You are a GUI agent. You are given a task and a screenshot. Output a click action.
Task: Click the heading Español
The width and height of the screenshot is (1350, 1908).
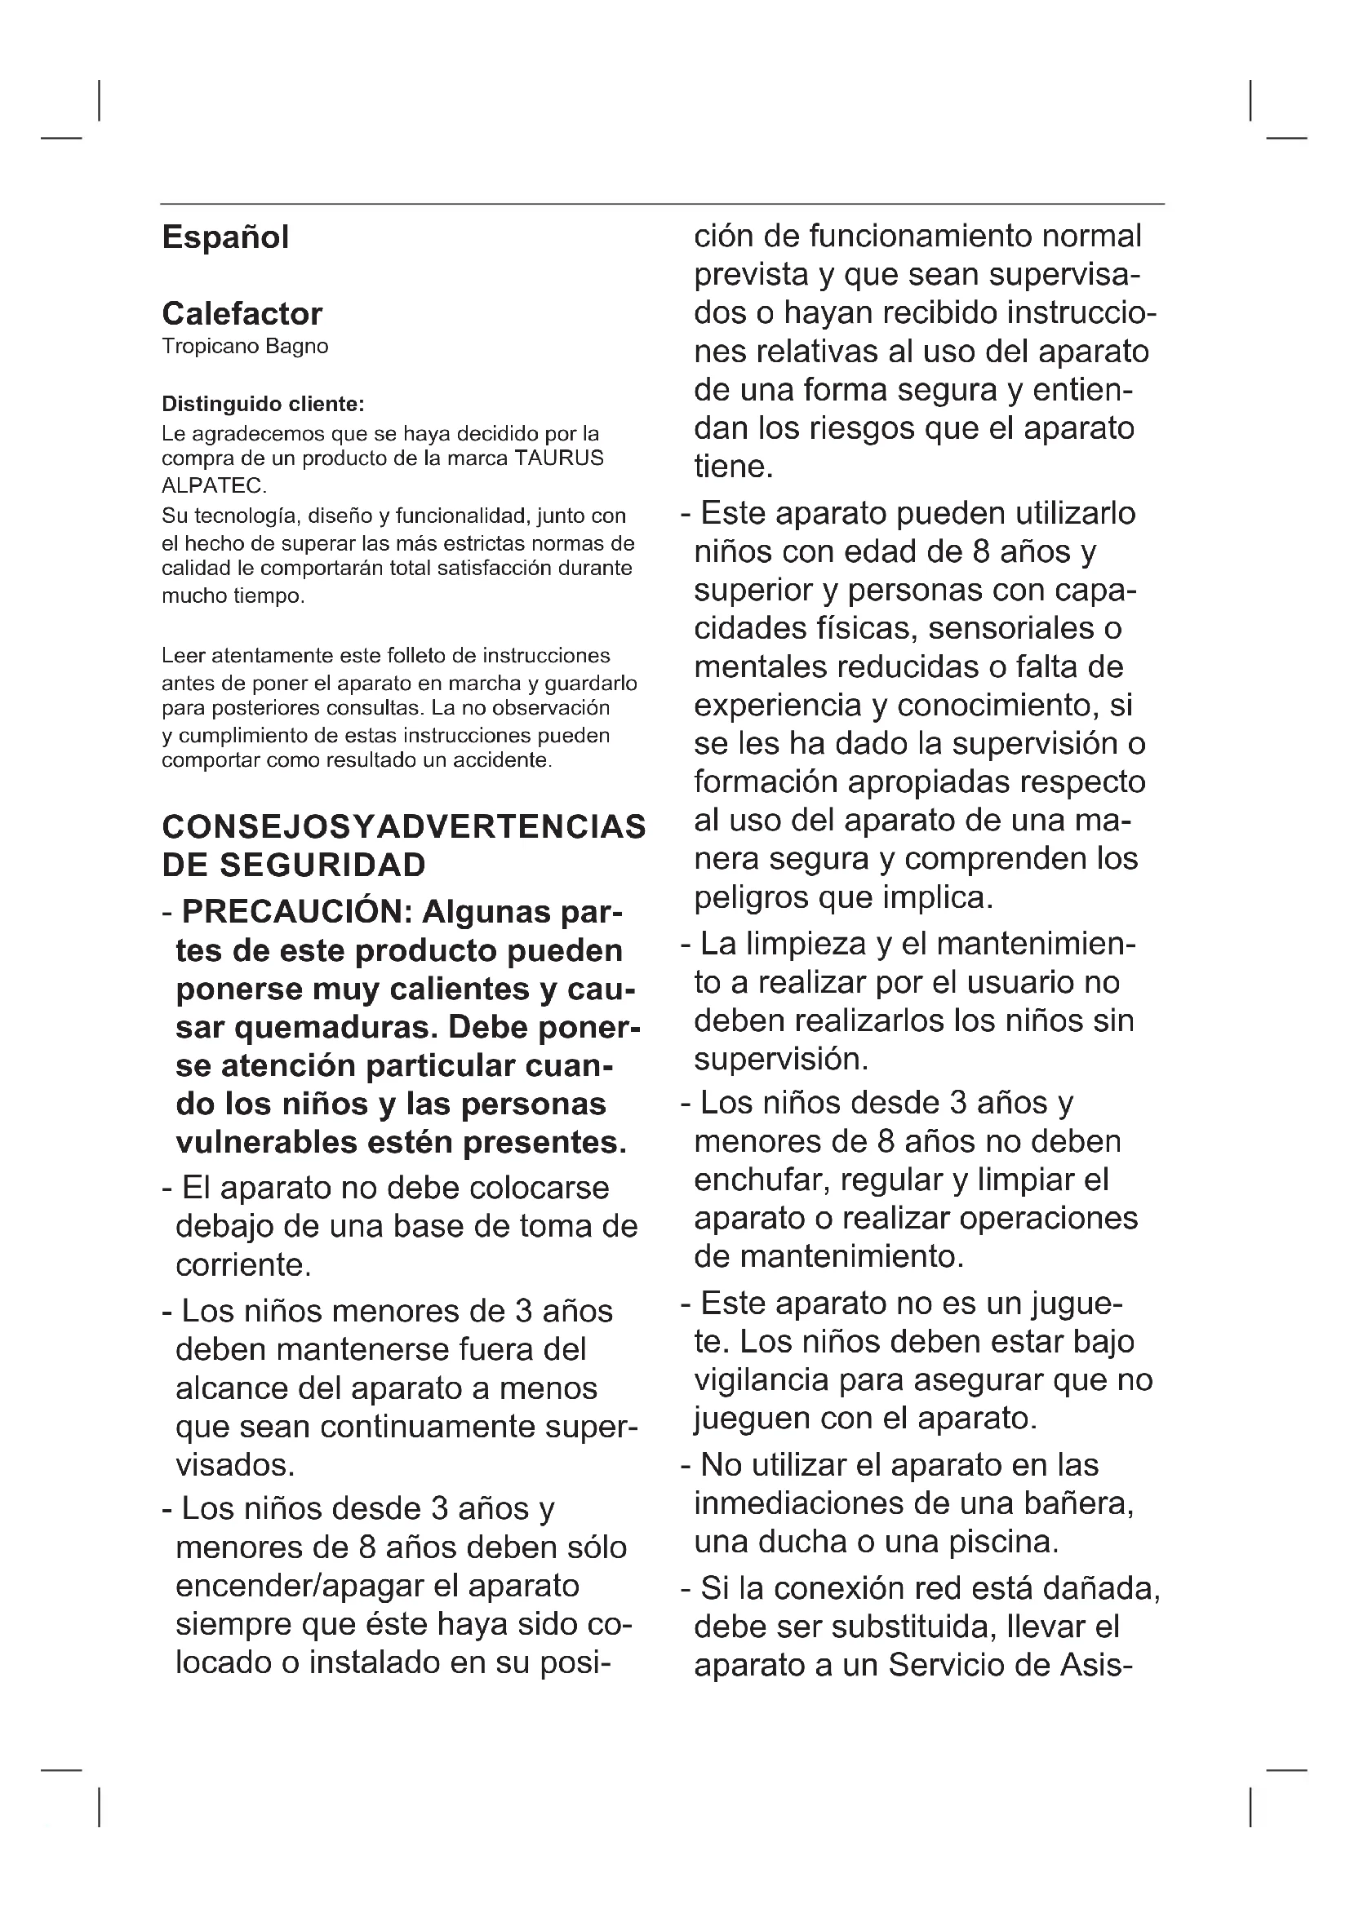(225, 237)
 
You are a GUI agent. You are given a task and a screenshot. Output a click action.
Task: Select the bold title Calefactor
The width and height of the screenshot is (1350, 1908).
(242, 314)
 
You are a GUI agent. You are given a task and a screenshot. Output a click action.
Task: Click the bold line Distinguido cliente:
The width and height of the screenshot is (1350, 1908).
(263, 405)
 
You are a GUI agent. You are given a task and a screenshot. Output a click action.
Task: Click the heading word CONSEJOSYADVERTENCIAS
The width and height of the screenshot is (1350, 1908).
(404, 827)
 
